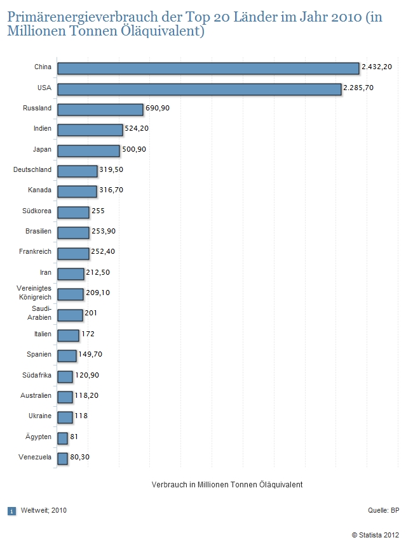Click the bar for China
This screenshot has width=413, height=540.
pos(208,68)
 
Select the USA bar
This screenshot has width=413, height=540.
pos(199,89)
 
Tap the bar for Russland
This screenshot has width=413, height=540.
pos(100,109)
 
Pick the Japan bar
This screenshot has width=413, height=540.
pos(88,150)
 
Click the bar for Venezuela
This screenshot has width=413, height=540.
pos(62,458)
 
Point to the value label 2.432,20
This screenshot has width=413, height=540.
pos(377,67)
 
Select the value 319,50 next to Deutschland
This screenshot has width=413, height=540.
pos(111,170)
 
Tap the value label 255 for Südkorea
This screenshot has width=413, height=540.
pos(98,211)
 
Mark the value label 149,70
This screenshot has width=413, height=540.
pos(90,354)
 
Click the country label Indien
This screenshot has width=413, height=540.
pos(43,129)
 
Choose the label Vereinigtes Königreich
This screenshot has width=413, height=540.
pos(34,293)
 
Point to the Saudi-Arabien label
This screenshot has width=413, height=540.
pos(39,313)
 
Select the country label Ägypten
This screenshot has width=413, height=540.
pos(37,437)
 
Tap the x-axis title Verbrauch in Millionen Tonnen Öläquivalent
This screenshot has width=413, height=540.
pos(227,484)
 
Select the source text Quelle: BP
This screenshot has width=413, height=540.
pos(383,510)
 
